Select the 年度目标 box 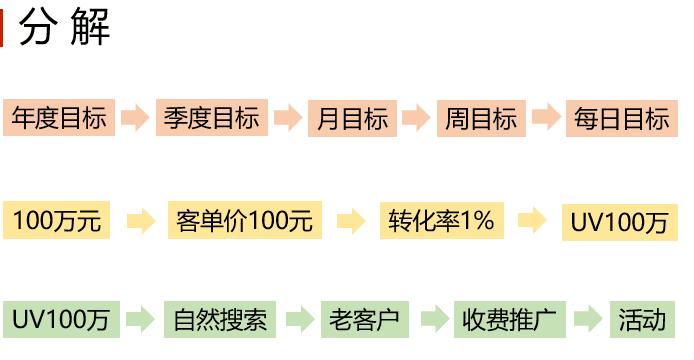click(x=59, y=118)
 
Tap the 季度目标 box click(x=211, y=118)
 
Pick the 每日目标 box click(x=621, y=118)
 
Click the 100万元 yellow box click(x=57, y=220)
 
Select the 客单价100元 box click(x=244, y=220)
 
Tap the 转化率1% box click(x=441, y=220)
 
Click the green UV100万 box click(x=61, y=320)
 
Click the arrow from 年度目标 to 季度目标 click(x=134, y=118)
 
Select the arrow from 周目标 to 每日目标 click(x=545, y=118)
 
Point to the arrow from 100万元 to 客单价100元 click(x=142, y=220)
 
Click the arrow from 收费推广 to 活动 click(x=590, y=320)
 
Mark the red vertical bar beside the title click(x=3, y=29)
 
